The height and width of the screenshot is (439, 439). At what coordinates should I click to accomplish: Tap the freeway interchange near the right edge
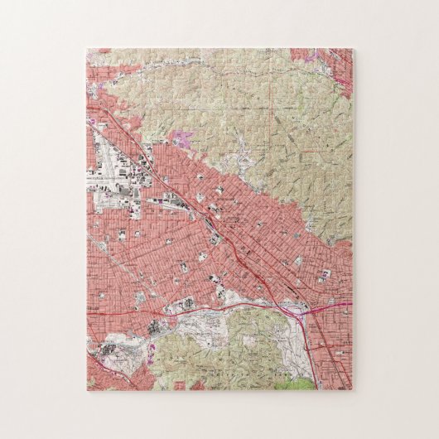pos(297,310)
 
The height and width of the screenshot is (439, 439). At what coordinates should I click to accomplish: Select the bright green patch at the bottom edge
pos(298,383)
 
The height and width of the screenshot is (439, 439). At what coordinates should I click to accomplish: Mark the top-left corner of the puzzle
pos(86,49)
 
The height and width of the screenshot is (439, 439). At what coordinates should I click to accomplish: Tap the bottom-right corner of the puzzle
pos(352,390)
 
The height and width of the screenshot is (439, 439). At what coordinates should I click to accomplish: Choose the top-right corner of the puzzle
pos(352,49)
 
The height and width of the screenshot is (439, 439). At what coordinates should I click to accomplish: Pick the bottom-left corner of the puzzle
pos(86,390)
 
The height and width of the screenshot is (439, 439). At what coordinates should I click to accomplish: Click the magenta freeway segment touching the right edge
pos(335,304)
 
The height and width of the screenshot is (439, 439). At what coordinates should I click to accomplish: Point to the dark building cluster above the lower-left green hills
pos(157,327)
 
